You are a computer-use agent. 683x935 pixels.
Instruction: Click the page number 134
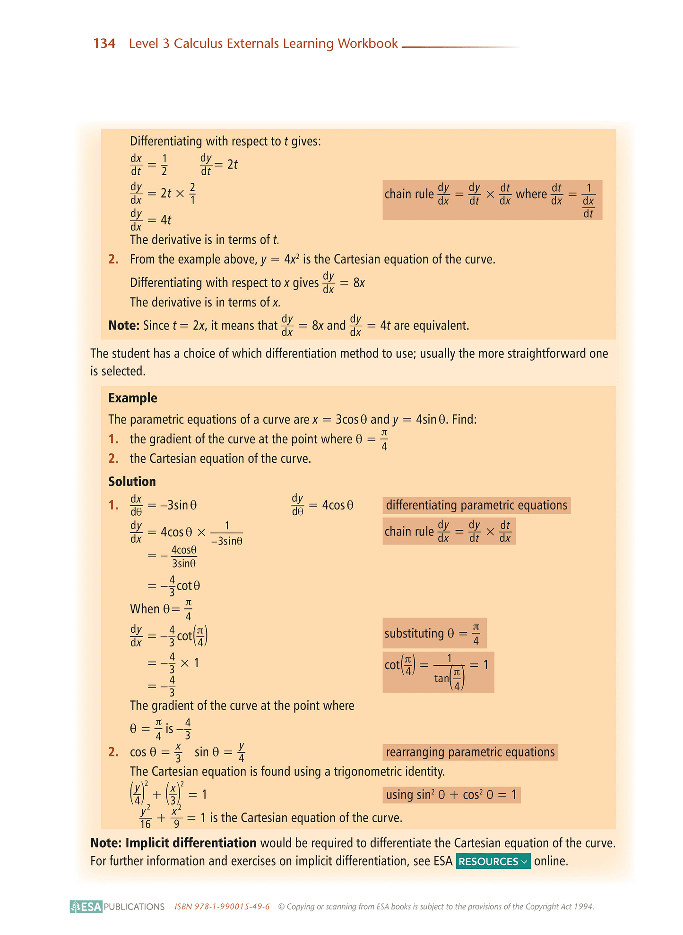104,43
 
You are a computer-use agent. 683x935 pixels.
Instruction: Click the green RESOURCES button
493,861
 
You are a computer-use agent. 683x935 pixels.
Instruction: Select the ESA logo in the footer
86,906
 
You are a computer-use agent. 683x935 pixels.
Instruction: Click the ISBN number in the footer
222,907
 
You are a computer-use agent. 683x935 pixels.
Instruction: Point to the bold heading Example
133,398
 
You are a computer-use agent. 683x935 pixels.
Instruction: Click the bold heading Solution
132,481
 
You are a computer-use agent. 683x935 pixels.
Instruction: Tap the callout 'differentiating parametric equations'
476,505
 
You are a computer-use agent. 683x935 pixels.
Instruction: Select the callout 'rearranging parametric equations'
470,752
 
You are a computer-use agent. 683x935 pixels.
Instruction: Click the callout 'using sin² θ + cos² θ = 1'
451,794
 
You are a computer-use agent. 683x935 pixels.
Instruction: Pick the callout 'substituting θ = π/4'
434,633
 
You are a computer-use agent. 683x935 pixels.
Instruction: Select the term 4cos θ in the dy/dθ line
337,505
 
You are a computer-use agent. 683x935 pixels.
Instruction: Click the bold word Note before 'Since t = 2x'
123,325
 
